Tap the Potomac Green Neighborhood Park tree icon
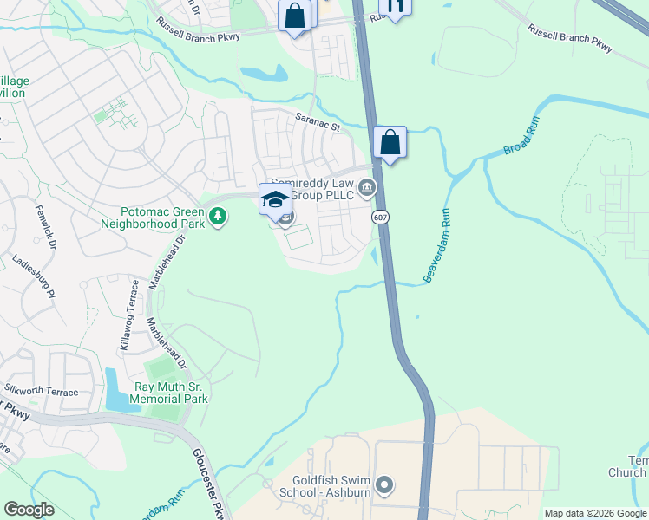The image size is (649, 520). pyautogui.click(x=220, y=216)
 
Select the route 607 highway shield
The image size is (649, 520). pyautogui.click(x=380, y=217)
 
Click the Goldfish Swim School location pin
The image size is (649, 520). pyautogui.click(x=387, y=484)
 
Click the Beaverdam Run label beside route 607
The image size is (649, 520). pyautogui.click(x=439, y=255)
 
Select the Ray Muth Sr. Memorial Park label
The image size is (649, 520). pyautogui.click(x=170, y=393)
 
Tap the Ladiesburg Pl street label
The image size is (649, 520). pyautogui.click(x=33, y=276)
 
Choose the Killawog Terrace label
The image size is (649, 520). pyautogui.click(x=128, y=314)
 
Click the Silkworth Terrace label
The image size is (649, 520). pyautogui.click(x=41, y=392)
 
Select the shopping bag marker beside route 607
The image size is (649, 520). pyautogui.click(x=390, y=143)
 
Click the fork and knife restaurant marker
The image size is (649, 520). pyautogui.click(x=395, y=7)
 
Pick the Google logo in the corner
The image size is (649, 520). pyautogui.click(x=29, y=510)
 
